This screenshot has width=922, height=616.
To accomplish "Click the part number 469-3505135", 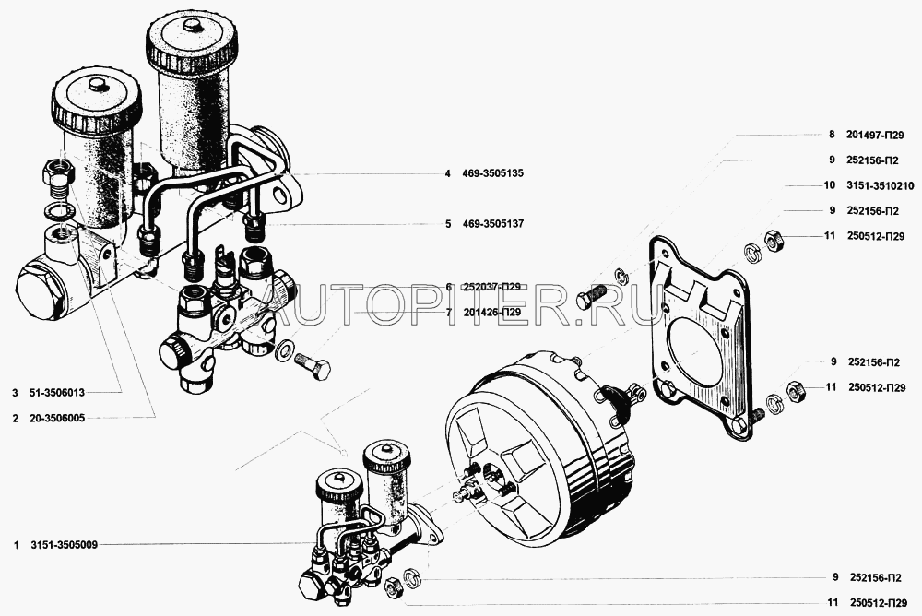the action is [x=492, y=173].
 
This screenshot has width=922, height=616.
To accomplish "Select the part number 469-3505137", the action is [x=492, y=223].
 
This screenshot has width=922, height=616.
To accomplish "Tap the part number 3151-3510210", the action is [x=881, y=186].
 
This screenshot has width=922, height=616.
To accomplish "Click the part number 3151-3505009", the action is [x=65, y=545].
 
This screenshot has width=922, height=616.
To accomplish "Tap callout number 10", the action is [x=829, y=186].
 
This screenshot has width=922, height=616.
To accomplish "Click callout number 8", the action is [x=832, y=135].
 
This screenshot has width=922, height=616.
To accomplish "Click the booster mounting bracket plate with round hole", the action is [x=701, y=338].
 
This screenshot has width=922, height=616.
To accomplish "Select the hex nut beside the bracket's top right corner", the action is [x=772, y=240].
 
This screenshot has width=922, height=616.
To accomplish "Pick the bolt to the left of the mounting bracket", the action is [x=591, y=296].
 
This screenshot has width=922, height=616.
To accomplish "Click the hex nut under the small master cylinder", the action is [x=392, y=586].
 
